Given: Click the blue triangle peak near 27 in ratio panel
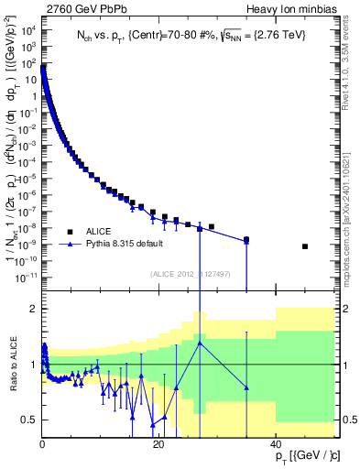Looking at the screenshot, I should pyautogui.click(x=199, y=343).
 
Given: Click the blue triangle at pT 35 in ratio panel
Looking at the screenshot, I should pyautogui.click(x=245, y=387).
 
